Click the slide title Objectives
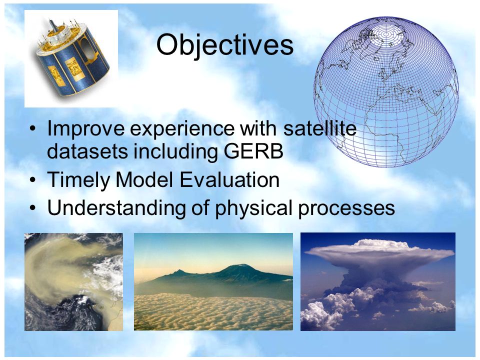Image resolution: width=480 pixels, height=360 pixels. (x=224, y=46)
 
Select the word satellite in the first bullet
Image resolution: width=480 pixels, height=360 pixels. (x=320, y=128)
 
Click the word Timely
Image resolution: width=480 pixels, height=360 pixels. (x=78, y=180)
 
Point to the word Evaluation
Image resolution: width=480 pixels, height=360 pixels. (x=229, y=179)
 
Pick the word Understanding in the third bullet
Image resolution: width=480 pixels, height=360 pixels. (x=116, y=208)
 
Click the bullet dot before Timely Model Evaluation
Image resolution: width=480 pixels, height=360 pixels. (x=33, y=179)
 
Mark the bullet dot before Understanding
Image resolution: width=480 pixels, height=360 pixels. (x=33, y=208)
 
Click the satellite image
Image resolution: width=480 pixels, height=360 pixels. (x=71, y=59)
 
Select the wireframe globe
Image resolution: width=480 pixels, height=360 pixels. (x=386, y=92)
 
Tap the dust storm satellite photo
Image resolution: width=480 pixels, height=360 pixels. (x=73, y=281)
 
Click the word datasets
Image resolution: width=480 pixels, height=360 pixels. (x=87, y=151)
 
